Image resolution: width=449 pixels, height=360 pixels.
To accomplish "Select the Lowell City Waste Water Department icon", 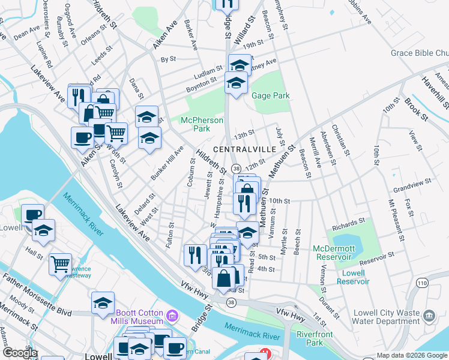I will [428, 315].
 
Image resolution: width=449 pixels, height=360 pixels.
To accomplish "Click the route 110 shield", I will [423, 282].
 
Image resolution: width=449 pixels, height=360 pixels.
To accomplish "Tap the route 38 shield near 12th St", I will [237, 169].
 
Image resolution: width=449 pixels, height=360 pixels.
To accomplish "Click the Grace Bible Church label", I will [420, 53].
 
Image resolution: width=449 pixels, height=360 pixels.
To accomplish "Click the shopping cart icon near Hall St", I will [61, 264].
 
